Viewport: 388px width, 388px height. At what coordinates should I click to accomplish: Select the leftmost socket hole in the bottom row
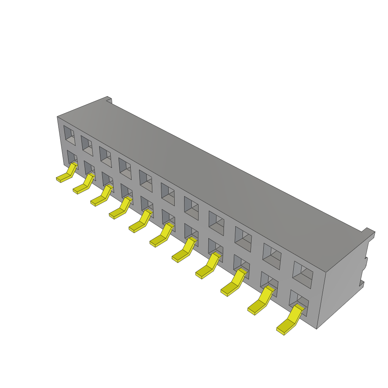tap(72, 157)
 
